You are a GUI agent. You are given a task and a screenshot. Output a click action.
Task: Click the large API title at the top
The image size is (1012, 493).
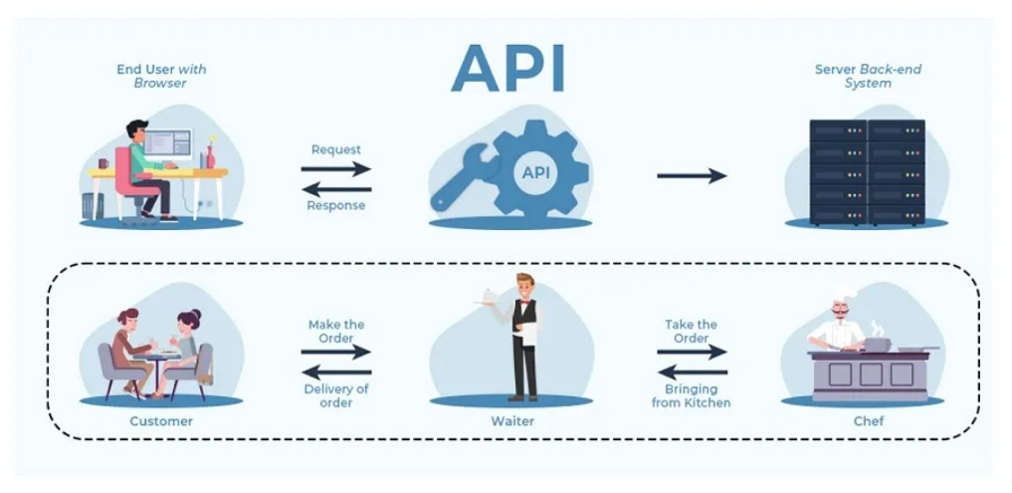point(508,68)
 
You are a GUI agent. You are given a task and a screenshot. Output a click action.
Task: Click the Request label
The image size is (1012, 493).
point(335,149)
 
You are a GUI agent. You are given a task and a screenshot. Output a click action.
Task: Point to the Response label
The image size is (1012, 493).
point(335,205)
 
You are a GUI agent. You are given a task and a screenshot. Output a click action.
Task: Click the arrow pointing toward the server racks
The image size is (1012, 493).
point(692,176)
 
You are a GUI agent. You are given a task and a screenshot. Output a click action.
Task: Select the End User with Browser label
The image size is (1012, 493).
point(160,76)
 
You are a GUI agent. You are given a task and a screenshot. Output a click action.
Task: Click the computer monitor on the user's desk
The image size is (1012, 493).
point(167,143)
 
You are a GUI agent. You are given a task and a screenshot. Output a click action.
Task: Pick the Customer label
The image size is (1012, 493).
point(160,421)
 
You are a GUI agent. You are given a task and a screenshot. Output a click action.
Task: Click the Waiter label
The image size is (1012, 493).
point(512,421)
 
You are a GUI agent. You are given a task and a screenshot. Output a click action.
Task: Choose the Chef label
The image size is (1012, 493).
point(868,421)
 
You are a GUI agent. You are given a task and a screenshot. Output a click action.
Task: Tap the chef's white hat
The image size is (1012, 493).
point(844,295)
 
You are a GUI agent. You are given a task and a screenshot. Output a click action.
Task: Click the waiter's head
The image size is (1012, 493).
point(524,283)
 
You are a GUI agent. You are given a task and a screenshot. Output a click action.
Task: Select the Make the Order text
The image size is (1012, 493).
point(335,331)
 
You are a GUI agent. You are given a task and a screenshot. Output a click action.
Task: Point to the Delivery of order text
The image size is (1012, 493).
point(335,395)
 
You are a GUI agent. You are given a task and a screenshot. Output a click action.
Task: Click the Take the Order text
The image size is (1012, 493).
point(692,331)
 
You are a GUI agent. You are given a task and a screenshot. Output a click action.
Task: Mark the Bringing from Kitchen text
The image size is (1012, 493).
point(692,395)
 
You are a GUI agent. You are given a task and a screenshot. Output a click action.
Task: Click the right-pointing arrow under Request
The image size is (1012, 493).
point(335,168)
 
